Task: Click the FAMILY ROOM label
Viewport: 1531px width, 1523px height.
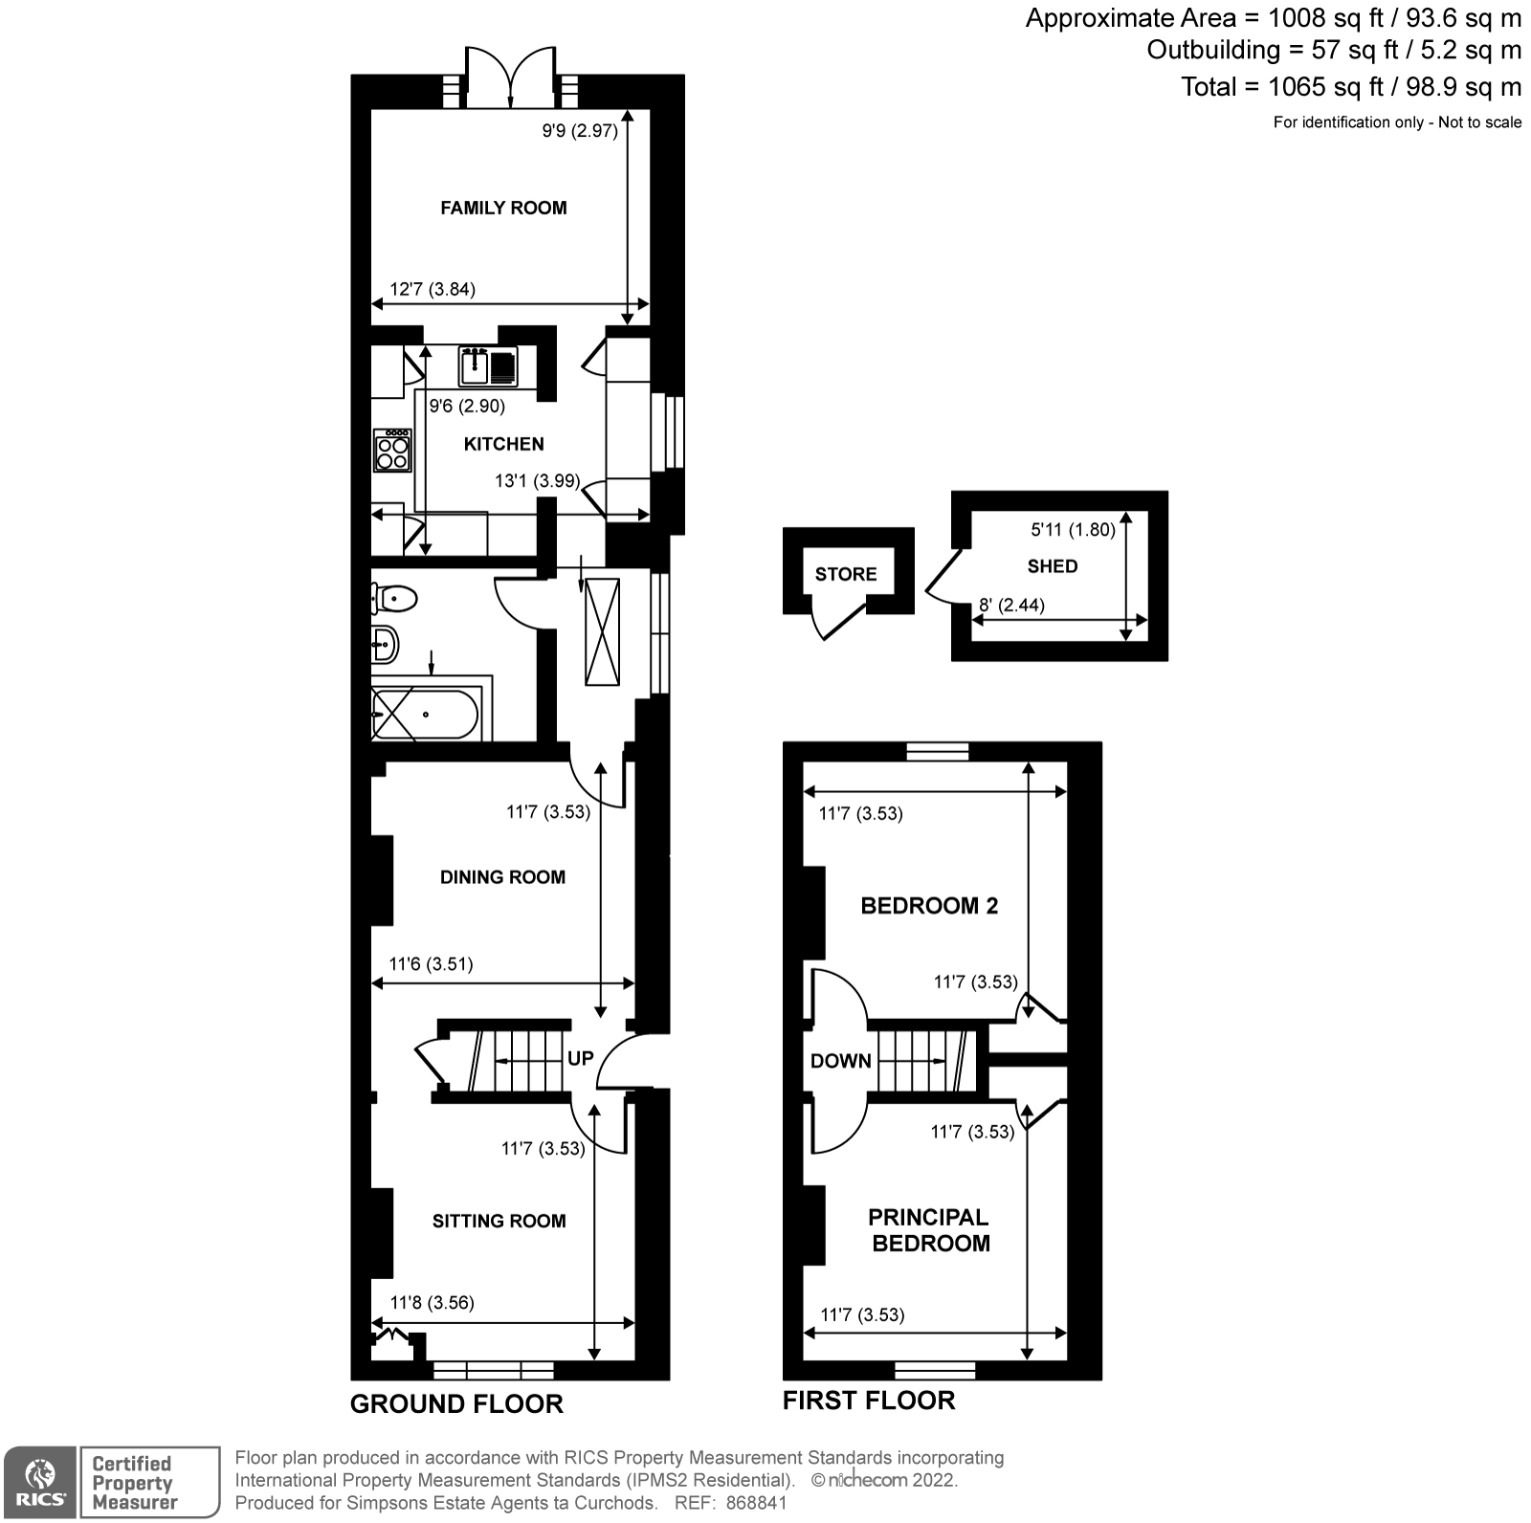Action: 503,208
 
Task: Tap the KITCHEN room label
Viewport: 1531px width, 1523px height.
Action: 503,444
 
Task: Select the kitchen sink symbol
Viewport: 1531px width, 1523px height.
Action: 488,366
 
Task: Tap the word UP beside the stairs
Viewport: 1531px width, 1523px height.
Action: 581,1058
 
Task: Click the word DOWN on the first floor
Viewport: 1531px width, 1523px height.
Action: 840,1060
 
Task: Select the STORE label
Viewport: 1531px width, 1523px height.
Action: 846,574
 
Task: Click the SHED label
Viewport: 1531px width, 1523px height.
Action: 1053,566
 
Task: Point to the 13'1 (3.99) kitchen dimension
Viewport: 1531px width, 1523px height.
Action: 537,481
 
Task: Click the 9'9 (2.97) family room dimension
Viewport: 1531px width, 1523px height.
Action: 580,131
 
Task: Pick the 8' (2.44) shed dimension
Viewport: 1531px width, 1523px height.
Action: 1011,605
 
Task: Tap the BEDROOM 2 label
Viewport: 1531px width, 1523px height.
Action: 929,905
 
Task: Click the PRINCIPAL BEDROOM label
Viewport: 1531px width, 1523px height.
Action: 929,1230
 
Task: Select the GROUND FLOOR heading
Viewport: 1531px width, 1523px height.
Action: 456,1403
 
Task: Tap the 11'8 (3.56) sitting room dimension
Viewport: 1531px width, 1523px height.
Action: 433,1302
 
